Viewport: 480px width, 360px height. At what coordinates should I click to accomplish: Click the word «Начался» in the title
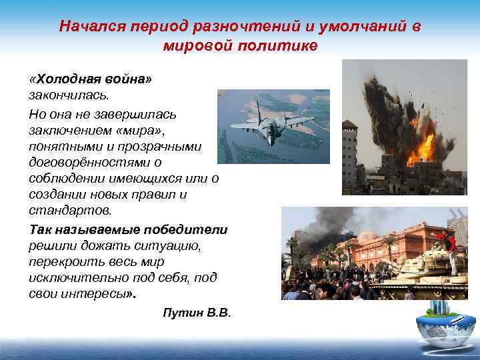coord(85,27)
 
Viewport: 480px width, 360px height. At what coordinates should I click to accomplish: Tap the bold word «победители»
coord(189,229)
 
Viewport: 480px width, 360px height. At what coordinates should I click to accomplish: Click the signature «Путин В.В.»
coord(196,313)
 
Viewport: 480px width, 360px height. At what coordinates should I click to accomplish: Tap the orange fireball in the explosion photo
coord(420,143)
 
